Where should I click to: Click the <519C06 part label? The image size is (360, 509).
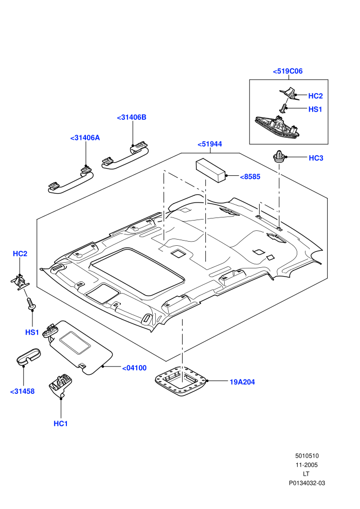click(287, 71)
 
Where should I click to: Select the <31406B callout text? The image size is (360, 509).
click(132, 117)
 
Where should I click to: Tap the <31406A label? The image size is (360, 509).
click(85, 138)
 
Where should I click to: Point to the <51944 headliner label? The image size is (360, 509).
click(210, 144)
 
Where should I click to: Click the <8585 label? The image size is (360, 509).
click(250, 176)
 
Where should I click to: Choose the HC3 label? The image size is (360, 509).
click(316, 158)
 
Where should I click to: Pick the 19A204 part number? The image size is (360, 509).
click(242, 382)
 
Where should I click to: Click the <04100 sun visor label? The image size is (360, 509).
click(134, 368)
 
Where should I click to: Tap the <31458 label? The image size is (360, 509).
click(22, 391)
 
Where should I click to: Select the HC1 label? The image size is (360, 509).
click(61, 424)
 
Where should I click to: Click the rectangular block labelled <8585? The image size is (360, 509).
click(211, 170)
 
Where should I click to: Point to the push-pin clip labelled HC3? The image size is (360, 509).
click(279, 157)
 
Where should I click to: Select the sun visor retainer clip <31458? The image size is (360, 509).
click(29, 357)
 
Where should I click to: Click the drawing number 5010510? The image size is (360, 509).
click(307, 456)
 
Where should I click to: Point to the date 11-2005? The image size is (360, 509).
click(307, 465)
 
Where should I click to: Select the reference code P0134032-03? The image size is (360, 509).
click(307, 483)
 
